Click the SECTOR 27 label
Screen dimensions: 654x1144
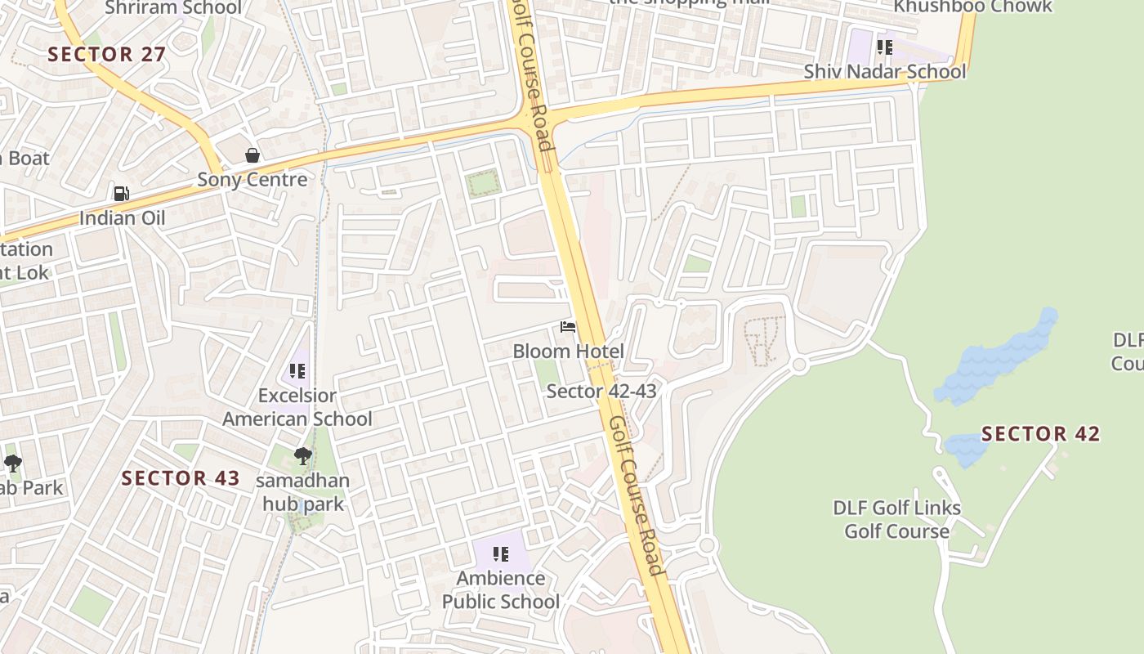(107, 55)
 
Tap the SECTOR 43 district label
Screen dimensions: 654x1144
(181, 478)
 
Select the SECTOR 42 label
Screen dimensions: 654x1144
(1040, 433)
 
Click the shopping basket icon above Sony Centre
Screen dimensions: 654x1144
(252, 155)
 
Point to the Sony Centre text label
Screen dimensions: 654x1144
(252, 180)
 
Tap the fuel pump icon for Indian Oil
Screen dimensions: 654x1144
(122, 194)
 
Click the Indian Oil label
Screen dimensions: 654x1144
(122, 218)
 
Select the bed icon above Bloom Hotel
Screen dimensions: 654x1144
(568, 327)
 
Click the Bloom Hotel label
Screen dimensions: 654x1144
(568, 352)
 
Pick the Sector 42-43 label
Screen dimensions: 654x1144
(601, 391)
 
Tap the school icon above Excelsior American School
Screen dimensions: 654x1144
(297, 371)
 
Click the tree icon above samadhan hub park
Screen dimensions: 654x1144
(303, 456)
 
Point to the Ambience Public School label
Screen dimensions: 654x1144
(501, 589)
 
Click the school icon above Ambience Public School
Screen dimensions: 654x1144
(501, 554)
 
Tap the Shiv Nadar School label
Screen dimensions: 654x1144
(884, 71)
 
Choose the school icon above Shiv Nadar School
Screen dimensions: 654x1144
(883, 47)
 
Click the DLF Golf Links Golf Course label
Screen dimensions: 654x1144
(896, 519)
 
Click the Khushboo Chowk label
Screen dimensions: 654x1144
(972, 7)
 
